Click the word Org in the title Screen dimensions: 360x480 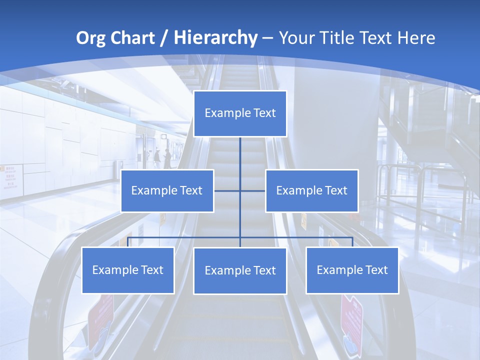click(91, 38)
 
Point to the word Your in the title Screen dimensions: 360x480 click(296, 38)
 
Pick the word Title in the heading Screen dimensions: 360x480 click(339, 38)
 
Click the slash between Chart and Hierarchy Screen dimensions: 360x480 click(164, 38)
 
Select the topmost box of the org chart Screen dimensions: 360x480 click(240, 113)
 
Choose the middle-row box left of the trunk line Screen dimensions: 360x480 click(167, 190)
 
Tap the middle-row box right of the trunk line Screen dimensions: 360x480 click(311, 190)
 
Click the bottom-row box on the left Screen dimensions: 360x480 click(128, 270)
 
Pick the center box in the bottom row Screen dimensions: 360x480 click(240, 270)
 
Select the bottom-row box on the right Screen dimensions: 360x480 click(352, 270)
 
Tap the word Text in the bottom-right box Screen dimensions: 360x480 click(376, 270)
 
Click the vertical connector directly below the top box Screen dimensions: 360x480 click(240, 152)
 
